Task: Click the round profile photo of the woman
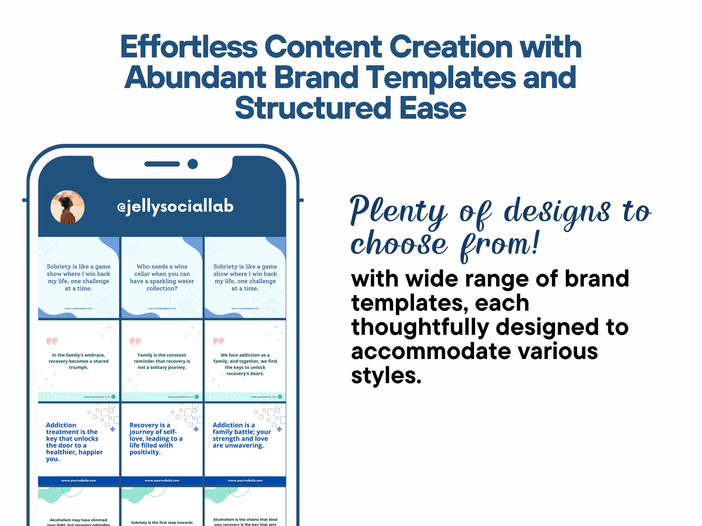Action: pos(68,207)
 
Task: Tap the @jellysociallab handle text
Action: pos(175,207)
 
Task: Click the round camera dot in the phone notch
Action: pos(193,164)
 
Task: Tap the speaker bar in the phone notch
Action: pos(162,164)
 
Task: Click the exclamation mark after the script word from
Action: pos(535,243)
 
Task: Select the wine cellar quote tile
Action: pos(162,277)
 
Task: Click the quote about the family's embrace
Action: pos(78,361)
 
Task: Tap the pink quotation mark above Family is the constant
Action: pos(135,341)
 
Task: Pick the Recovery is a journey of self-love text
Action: pos(155,438)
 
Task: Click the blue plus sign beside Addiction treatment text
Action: pos(113,429)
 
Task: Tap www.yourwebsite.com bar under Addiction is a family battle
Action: pos(245,480)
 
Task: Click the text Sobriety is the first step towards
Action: pos(162,522)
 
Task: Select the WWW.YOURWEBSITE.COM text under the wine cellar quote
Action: pos(162,309)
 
